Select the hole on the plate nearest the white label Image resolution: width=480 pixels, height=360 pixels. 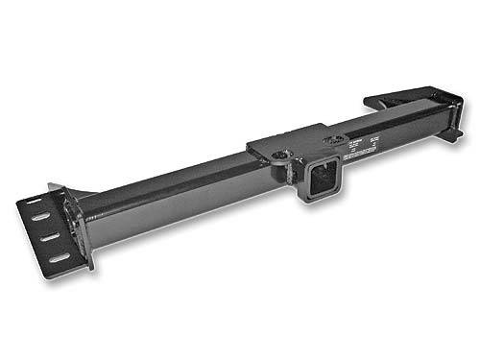(332, 142)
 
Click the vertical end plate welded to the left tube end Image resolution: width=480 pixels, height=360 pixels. (80, 226)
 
